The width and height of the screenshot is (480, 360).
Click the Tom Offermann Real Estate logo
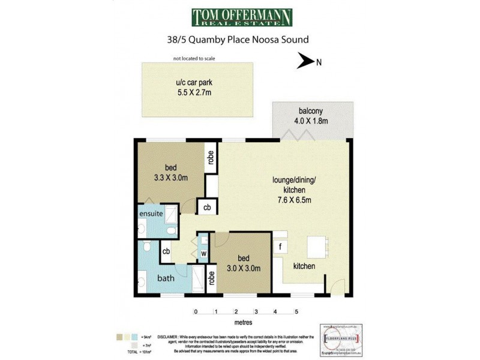[x=242, y=17]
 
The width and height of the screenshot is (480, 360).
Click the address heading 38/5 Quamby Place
[x=240, y=40]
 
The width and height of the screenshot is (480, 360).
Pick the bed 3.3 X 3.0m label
[x=171, y=172]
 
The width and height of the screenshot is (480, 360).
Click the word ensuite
[x=151, y=213]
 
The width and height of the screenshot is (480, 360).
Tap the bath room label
[x=166, y=278]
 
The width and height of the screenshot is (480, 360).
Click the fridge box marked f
[x=280, y=246]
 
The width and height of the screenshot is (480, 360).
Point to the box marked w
[x=204, y=254]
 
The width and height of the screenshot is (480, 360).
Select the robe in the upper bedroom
[x=211, y=157]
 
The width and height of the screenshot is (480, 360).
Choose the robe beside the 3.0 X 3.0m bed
[x=212, y=278]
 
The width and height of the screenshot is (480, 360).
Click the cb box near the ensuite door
[x=207, y=207]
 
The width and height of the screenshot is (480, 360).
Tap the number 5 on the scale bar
[x=296, y=312]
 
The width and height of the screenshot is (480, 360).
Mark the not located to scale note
[x=194, y=58]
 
